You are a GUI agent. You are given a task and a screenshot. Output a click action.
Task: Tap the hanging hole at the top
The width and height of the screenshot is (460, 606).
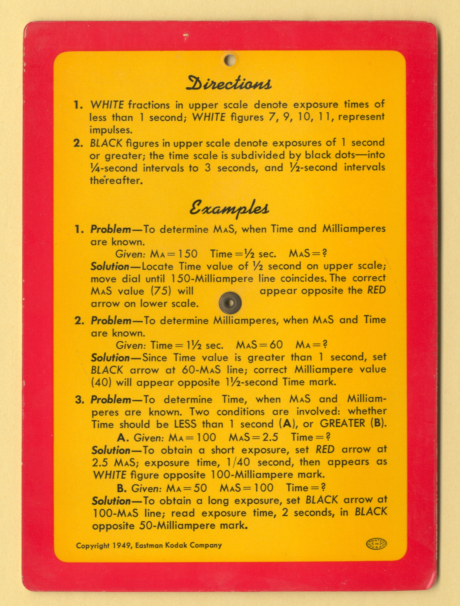coord(229,60)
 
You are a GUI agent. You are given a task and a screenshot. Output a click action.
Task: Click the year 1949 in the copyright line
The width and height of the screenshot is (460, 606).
coord(122,545)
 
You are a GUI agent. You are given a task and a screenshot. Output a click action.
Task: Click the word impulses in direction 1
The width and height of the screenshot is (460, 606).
coord(111,130)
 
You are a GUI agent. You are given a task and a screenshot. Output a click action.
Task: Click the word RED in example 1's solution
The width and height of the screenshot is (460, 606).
coord(376,290)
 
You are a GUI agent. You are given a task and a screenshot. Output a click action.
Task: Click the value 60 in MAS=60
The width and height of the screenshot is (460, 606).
coord(276,345)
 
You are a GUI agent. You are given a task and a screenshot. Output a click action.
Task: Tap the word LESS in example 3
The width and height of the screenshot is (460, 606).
coord(185,424)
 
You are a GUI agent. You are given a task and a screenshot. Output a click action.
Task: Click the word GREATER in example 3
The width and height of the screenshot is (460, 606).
coord(343,423)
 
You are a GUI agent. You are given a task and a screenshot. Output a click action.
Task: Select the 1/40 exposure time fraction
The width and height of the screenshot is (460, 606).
coord(237,462)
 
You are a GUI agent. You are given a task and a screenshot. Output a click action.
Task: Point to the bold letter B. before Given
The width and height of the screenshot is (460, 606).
coord(122,488)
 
